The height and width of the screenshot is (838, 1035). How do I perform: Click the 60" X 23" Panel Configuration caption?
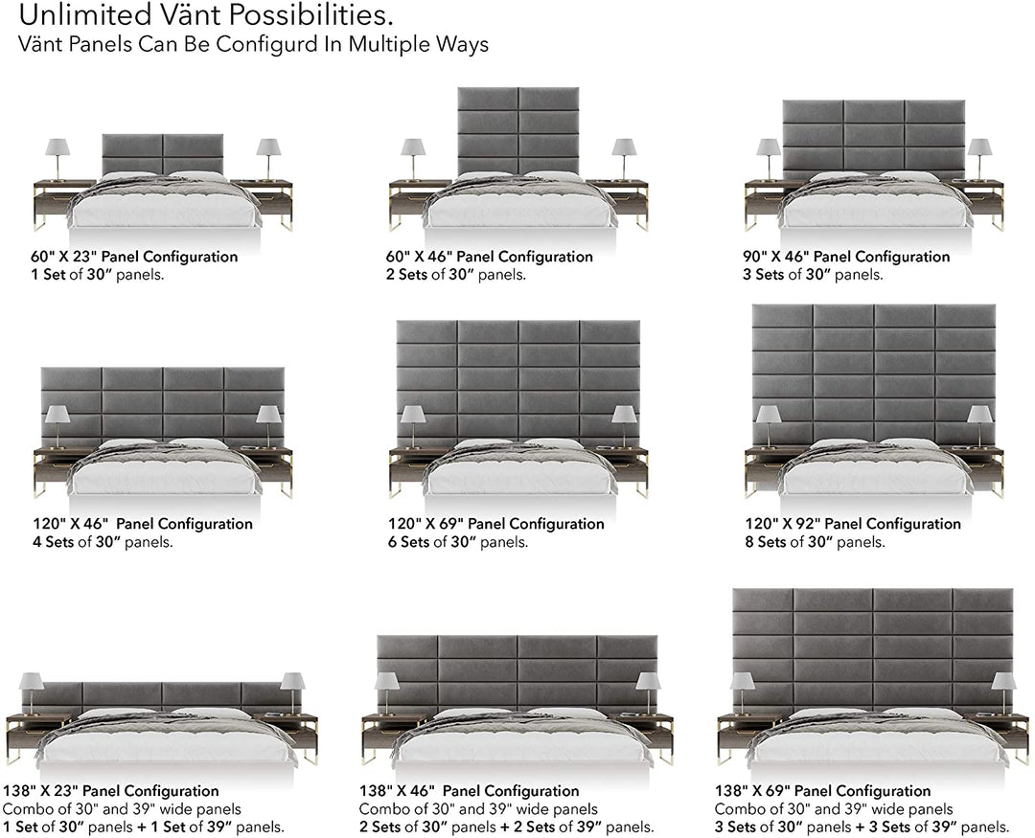coord(134,256)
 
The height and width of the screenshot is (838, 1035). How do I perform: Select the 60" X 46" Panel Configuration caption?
coord(489,256)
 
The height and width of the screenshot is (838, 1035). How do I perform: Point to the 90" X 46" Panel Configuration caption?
coord(846,256)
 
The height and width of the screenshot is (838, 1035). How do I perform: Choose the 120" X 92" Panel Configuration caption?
coord(853,523)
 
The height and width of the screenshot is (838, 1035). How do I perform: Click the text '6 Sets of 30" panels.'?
coord(458,542)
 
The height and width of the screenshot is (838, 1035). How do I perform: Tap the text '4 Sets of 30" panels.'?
coord(103,542)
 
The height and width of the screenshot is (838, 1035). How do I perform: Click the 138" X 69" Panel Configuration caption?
coord(822,790)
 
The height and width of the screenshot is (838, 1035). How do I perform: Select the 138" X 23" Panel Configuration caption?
coord(111,790)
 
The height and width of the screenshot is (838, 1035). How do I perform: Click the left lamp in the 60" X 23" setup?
coord(57,159)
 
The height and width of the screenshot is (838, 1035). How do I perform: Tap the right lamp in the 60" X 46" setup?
coord(624,159)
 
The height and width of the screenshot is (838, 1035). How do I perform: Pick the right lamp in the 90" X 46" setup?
coord(979,159)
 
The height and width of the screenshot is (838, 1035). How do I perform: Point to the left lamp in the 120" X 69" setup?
coord(413,426)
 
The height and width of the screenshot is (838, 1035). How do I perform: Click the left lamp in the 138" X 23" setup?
coord(32,693)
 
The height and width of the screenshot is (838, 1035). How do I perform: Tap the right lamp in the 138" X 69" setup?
coord(1004,693)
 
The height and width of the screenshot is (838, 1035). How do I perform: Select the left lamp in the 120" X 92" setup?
coord(769,426)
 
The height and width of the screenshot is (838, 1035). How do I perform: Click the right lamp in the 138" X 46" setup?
coord(648,693)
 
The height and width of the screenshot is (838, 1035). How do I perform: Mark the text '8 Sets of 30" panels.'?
coord(816,542)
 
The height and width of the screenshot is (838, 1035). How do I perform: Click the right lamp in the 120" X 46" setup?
coord(268,426)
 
